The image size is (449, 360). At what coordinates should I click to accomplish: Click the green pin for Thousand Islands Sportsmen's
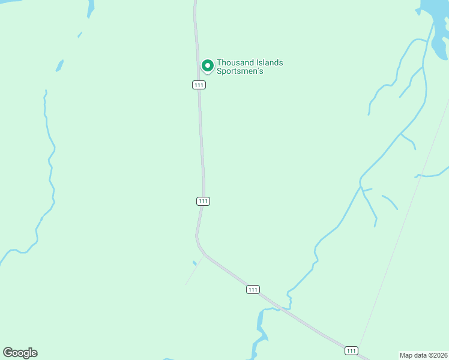pyautogui.click(x=208, y=65)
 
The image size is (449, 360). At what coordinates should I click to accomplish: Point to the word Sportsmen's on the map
pyautogui.click(x=240, y=71)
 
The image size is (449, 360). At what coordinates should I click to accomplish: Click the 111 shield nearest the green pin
pyautogui.click(x=199, y=85)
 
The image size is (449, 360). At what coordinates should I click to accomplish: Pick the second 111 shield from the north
pyautogui.click(x=203, y=201)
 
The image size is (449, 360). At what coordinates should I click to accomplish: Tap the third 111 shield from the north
pyautogui.click(x=253, y=289)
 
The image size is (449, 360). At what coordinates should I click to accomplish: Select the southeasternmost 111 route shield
pyautogui.click(x=351, y=350)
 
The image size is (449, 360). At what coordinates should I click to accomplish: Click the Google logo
pyautogui.click(x=20, y=353)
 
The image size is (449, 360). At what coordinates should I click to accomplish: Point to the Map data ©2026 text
pyautogui.click(x=424, y=355)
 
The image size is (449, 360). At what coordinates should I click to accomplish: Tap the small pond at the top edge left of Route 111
pyautogui.click(x=91, y=8)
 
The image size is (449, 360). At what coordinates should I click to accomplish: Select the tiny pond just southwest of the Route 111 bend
pyautogui.click(x=194, y=263)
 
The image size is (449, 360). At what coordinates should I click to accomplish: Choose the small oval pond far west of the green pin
pyautogui.click(x=59, y=65)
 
